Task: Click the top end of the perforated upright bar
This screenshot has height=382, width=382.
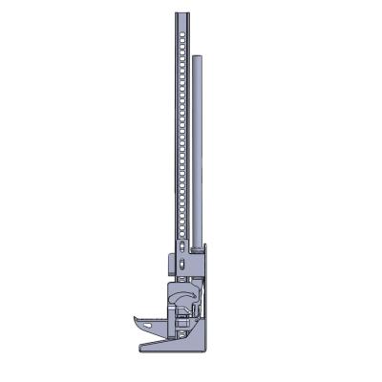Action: click(x=183, y=14)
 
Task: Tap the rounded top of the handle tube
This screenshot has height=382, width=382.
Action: click(x=196, y=58)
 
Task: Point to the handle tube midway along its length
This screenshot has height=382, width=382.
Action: click(x=196, y=153)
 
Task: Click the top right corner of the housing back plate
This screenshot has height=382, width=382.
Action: click(x=205, y=245)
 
